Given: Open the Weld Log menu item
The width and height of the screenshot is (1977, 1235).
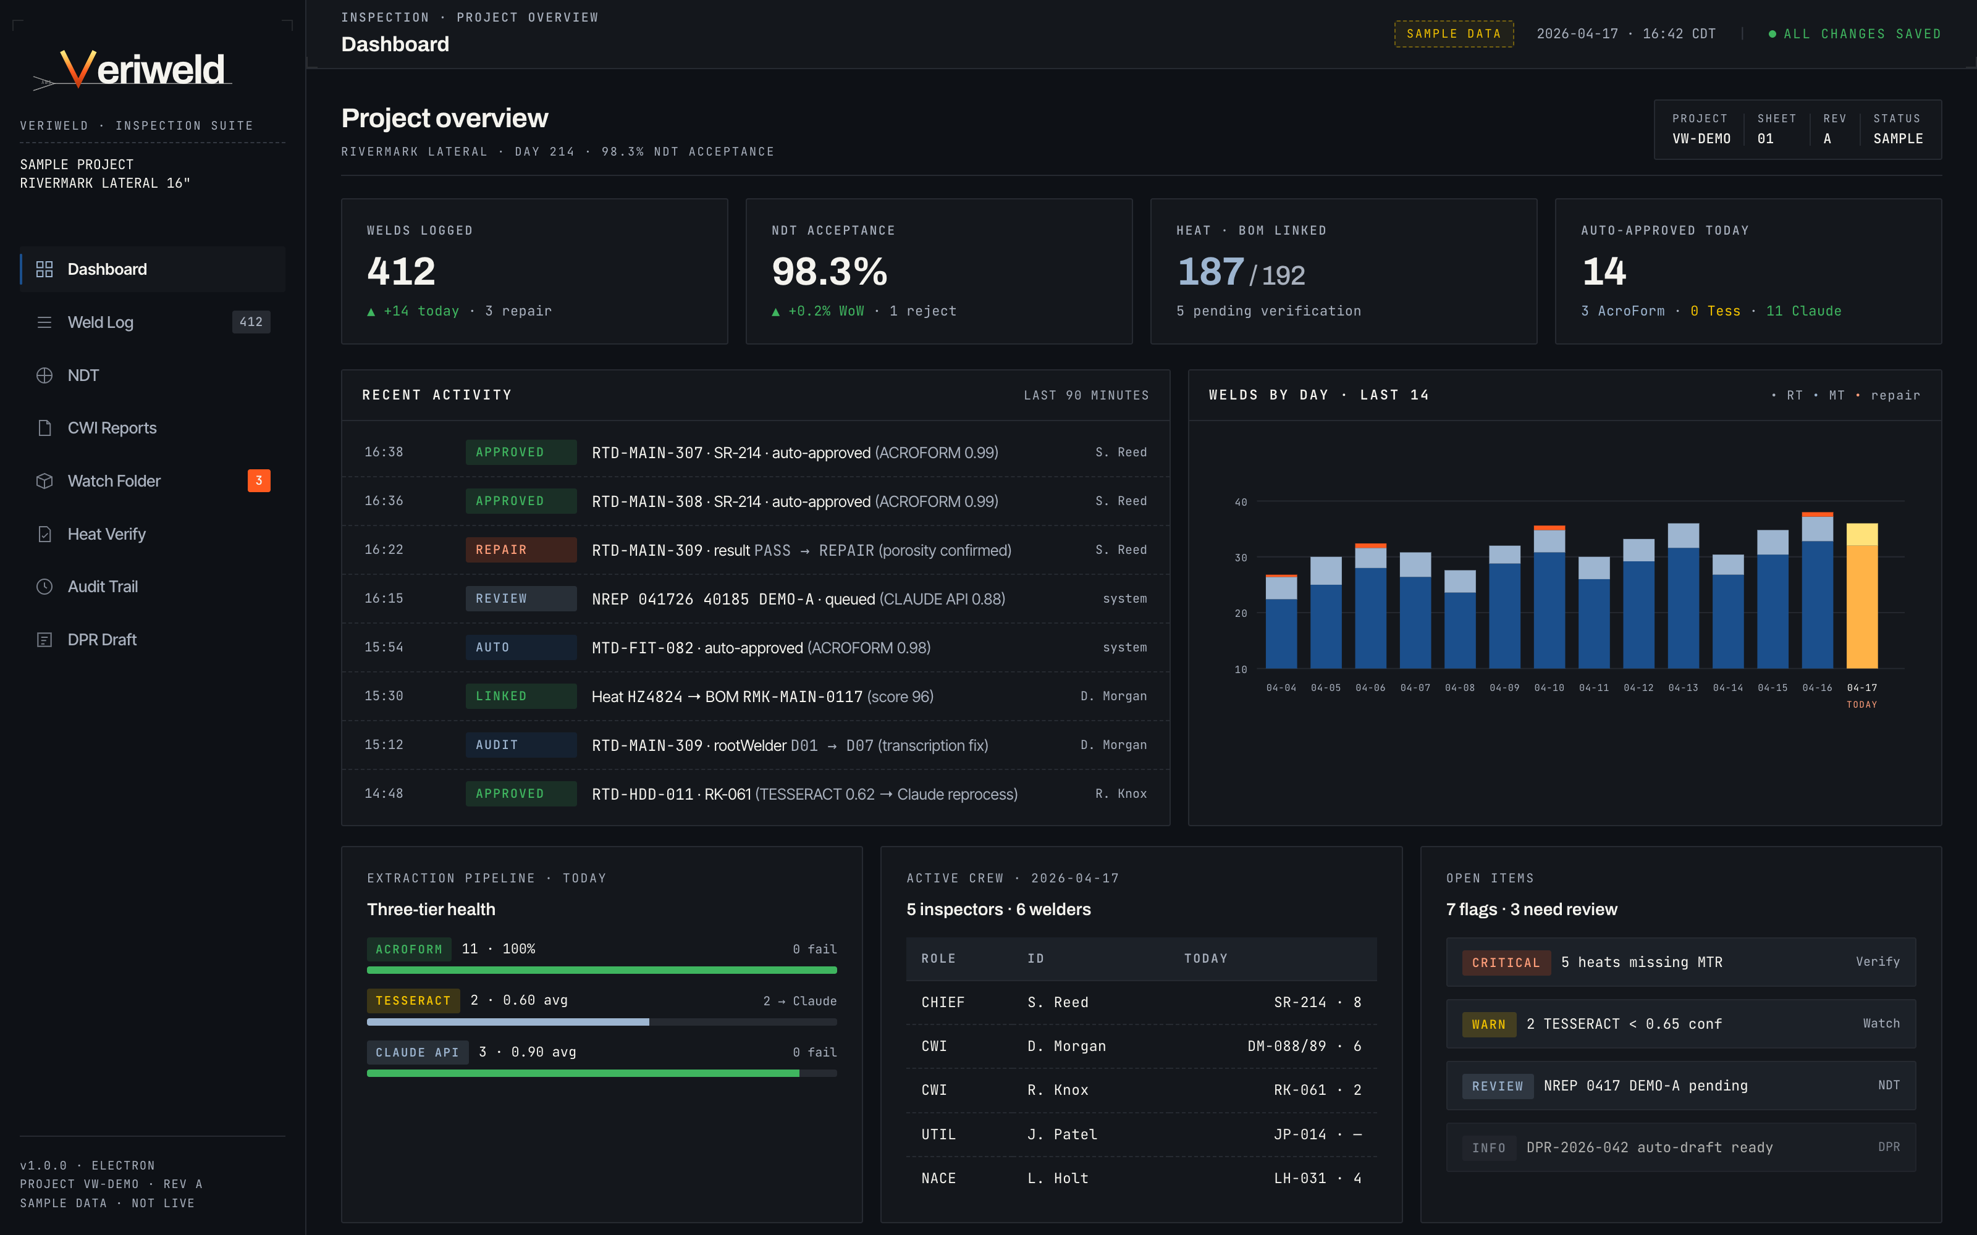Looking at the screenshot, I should [x=101, y=322].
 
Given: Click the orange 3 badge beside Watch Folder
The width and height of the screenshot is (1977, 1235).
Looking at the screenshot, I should [x=258, y=480].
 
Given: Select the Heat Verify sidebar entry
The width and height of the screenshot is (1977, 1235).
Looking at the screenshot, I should [x=106, y=534].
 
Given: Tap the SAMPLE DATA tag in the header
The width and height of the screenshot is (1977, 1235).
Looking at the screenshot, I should [x=1453, y=33].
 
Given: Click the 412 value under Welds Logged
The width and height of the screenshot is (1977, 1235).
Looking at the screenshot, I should [x=401, y=271].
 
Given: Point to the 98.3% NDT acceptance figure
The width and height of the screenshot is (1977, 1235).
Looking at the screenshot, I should [x=829, y=271].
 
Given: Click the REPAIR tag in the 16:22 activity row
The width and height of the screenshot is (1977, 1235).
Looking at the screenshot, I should [x=520, y=550].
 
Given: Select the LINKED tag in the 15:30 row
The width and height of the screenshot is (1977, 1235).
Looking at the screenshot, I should [x=520, y=696].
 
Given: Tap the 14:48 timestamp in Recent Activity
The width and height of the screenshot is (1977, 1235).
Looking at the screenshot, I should [x=383, y=793].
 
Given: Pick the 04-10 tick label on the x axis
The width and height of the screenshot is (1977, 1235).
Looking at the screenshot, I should [x=1549, y=688].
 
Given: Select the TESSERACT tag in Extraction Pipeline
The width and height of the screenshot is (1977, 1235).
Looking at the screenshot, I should [x=413, y=1000].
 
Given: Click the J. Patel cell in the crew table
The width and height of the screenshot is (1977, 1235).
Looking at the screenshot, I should [x=1062, y=1134].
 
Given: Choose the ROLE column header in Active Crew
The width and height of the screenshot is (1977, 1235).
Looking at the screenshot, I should [x=938, y=958].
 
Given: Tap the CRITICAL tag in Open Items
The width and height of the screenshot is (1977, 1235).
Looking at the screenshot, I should [x=1506, y=962].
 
